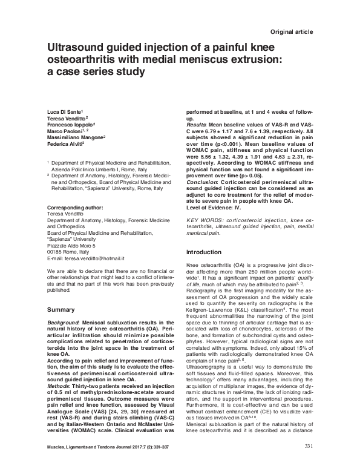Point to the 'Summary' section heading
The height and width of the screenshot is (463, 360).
[62, 310]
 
